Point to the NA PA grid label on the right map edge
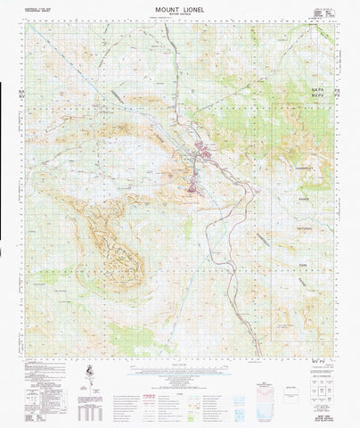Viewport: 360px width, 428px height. (344, 91)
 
